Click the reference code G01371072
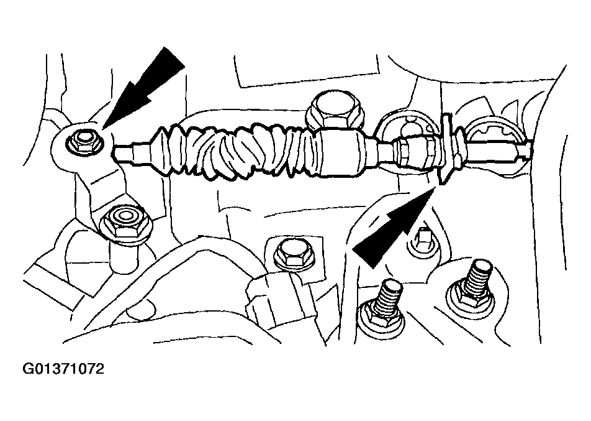tap(63, 369)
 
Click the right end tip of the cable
tap(528, 149)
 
